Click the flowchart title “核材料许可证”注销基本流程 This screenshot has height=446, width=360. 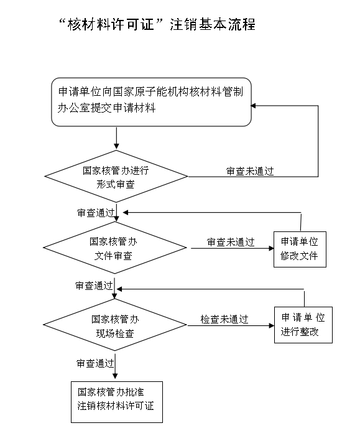click(157, 24)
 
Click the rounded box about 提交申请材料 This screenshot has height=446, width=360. click(151, 102)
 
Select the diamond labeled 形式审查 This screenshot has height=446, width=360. click(116, 177)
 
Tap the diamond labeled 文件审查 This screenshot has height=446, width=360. click(115, 248)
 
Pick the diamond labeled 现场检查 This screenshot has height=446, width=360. click(115, 325)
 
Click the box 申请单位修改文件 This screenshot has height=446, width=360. click(300, 249)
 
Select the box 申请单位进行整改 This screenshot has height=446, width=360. click(303, 325)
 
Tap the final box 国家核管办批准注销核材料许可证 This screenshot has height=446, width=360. click(117, 402)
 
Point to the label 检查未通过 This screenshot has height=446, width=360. click(224, 319)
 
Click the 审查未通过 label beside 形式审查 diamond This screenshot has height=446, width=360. click(250, 171)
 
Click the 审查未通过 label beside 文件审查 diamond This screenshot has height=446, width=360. click(231, 242)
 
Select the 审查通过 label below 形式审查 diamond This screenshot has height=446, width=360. click(96, 213)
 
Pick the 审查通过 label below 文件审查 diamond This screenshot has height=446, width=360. click(94, 286)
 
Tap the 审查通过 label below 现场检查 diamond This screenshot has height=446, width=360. click(95, 363)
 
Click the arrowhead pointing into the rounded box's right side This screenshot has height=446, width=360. click(253, 106)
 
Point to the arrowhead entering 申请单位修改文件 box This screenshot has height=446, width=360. click(271, 248)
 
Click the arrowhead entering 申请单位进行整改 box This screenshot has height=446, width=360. click(272, 325)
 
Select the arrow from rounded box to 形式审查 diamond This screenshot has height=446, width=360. click(116, 138)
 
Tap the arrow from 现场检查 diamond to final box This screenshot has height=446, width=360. click(115, 366)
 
